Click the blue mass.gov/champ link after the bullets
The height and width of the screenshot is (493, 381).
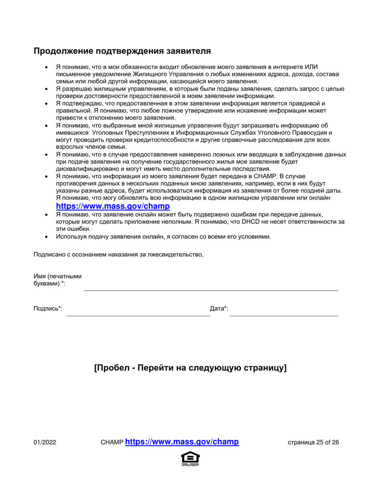pyautogui.click(x=113, y=206)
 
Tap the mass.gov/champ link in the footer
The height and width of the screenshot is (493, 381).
pyautogui.click(x=182, y=442)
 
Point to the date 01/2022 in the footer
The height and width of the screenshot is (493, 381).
pyautogui.click(x=45, y=443)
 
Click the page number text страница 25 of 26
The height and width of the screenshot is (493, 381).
pyautogui.click(x=313, y=443)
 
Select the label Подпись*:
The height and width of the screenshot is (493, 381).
pyautogui.click(x=48, y=309)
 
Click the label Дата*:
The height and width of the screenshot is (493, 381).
pyautogui.click(x=219, y=309)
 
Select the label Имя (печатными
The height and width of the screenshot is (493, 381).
pyautogui.click(x=58, y=277)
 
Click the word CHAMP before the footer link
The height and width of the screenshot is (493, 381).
pyautogui.click(x=112, y=443)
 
